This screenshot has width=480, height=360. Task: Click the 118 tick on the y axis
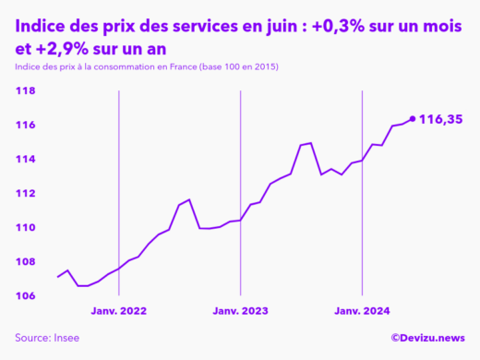25,91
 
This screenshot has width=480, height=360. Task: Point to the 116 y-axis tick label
25,126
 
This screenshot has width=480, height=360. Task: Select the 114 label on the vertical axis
25,160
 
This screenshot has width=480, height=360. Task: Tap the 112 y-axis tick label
25,194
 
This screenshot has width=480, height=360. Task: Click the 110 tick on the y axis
25,228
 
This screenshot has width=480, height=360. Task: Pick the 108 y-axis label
25,262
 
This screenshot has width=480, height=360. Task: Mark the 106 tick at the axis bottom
25,296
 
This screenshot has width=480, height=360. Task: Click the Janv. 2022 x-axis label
119,312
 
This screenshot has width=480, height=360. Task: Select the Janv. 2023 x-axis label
240,312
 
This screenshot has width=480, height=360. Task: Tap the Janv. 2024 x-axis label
362,312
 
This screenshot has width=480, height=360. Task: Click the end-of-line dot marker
412,119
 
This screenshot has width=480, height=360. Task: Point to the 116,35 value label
440,119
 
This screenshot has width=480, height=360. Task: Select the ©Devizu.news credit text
427,339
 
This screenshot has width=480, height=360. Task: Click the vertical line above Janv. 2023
240,185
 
